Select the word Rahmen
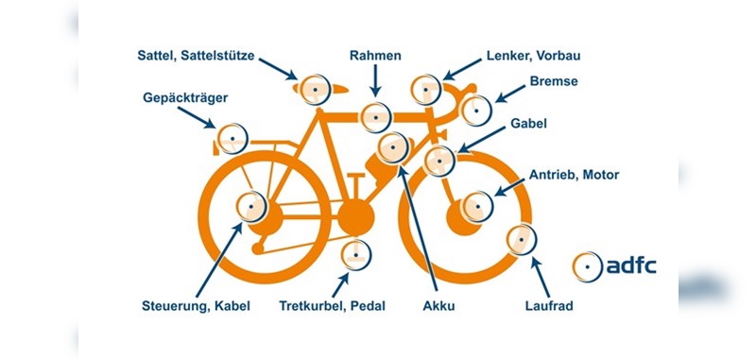click(375, 55)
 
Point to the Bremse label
click(553, 81)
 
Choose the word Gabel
click(529, 123)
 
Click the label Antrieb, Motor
click(575, 175)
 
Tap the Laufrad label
click(549, 306)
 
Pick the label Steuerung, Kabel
click(197, 306)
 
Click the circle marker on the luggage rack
click(232, 139)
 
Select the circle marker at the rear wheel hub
click(252, 205)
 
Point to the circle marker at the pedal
click(355, 255)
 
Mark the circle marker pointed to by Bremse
click(475, 110)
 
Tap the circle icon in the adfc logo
click(587, 266)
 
